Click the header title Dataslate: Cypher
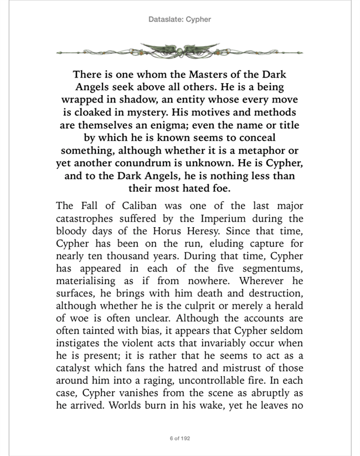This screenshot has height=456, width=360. (180, 19)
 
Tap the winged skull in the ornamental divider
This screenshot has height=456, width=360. (180, 50)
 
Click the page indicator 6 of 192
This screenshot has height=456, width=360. (180, 438)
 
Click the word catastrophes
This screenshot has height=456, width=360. (88, 219)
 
